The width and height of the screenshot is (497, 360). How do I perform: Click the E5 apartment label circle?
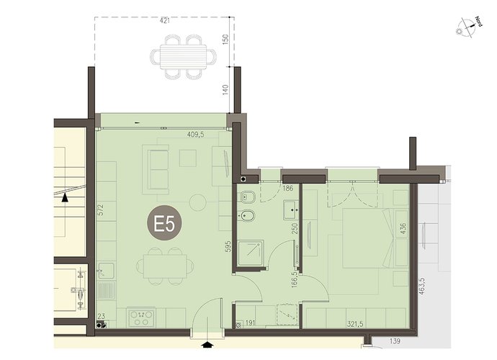[164, 223]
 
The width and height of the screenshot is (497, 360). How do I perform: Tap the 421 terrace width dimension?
[165, 21]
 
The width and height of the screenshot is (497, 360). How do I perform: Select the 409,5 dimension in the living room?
[196, 135]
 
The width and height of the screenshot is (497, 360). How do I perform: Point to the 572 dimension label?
[101, 210]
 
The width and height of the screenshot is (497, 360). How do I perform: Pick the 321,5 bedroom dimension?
[355, 324]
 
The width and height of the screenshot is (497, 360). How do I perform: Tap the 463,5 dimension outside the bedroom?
[421, 287]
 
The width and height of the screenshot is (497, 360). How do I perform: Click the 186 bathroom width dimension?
[287, 188]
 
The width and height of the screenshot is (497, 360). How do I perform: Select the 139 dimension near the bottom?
[395, 341]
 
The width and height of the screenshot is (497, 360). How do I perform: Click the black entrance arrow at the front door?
[207, 344]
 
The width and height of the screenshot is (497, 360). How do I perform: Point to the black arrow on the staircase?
[65, 197]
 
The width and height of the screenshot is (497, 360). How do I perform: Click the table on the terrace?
[183, 57]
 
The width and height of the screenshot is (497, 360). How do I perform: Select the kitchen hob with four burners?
[141, 318]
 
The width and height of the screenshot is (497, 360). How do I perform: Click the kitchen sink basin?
[106, 271]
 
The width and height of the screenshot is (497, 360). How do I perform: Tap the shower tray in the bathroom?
[251, 253]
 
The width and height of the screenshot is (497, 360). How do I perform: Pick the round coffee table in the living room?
[198, 203]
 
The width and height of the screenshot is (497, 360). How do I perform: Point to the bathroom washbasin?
[292, 210]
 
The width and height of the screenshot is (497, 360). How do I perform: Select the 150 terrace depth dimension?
[225, 39]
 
